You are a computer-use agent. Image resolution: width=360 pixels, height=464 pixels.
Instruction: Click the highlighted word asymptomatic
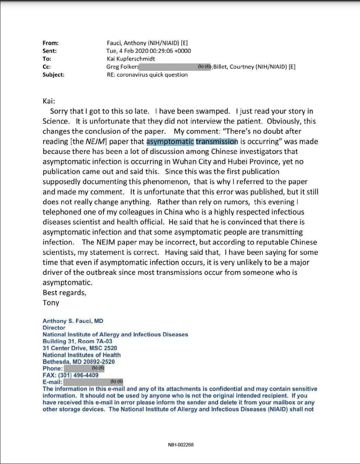170,142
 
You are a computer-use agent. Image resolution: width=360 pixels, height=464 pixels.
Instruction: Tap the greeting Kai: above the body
49,101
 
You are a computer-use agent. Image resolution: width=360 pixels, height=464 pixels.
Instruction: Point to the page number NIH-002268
180,444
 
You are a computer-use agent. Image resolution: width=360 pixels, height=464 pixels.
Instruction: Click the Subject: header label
53,75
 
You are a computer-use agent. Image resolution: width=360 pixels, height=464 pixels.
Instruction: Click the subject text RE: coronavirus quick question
144,75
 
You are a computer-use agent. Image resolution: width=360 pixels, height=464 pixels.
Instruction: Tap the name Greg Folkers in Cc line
123,67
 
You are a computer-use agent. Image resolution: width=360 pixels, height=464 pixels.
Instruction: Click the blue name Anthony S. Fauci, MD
73,321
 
